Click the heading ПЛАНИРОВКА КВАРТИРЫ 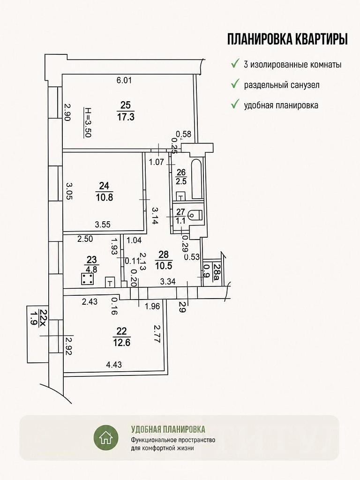tap(287, 39)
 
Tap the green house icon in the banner tap(106, 437)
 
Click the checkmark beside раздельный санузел tap(235, 84)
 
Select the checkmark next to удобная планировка tap(235, 105)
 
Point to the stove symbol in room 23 tap(88, 279)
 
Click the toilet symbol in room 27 tap(195, 215)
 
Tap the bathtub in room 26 tap(197, 179)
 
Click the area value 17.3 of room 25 tap(126, 117)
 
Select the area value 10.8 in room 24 tap(105, 197)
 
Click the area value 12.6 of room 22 tap(122, 342)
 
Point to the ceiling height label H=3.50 tap(88, 122)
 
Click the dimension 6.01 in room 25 tap(124, 81)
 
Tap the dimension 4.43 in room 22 tap(114, 365)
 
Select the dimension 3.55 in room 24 tap(103, 225)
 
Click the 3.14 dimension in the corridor tap(155, 216)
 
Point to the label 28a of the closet tap(217, 270)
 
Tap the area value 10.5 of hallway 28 tap(164, 266)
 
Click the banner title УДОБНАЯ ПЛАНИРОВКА tap(168, 429)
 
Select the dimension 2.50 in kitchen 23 tap(85, 239)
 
